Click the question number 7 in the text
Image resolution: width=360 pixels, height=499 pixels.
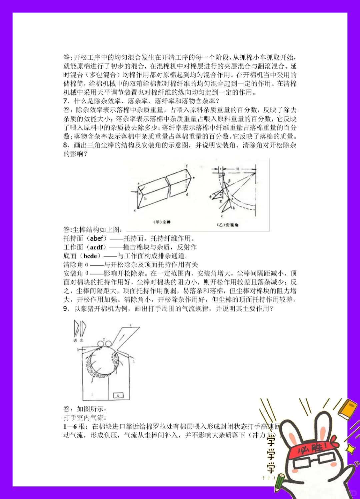[65, 101]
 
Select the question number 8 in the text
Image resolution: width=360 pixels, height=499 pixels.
[65, 145]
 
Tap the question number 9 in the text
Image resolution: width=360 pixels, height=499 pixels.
[65, 309]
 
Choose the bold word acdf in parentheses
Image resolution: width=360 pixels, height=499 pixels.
[96, 247]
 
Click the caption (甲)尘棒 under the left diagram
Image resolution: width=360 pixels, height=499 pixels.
[162, 222]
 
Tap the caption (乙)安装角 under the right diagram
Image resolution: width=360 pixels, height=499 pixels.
[228, 225]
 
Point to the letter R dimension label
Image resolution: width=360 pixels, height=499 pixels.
[238, 169]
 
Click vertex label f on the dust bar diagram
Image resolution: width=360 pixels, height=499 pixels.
[187, 166]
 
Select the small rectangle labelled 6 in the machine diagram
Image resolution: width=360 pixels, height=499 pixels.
[119, 395]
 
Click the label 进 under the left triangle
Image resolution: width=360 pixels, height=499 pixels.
[75, 340]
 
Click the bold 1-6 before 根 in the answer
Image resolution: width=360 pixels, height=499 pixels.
[70, 426]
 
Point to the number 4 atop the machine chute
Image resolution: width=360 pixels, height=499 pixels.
[131, 325]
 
